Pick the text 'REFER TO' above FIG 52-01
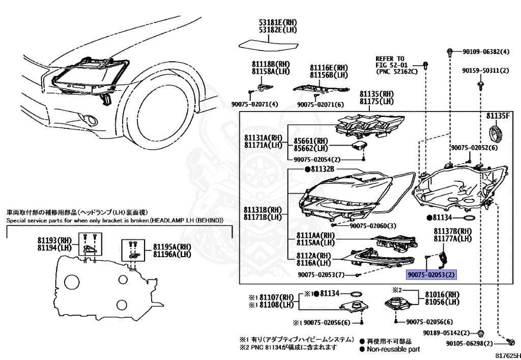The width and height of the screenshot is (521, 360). [x=390, y=59]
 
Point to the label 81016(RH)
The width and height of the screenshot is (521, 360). [x=438, y=294]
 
